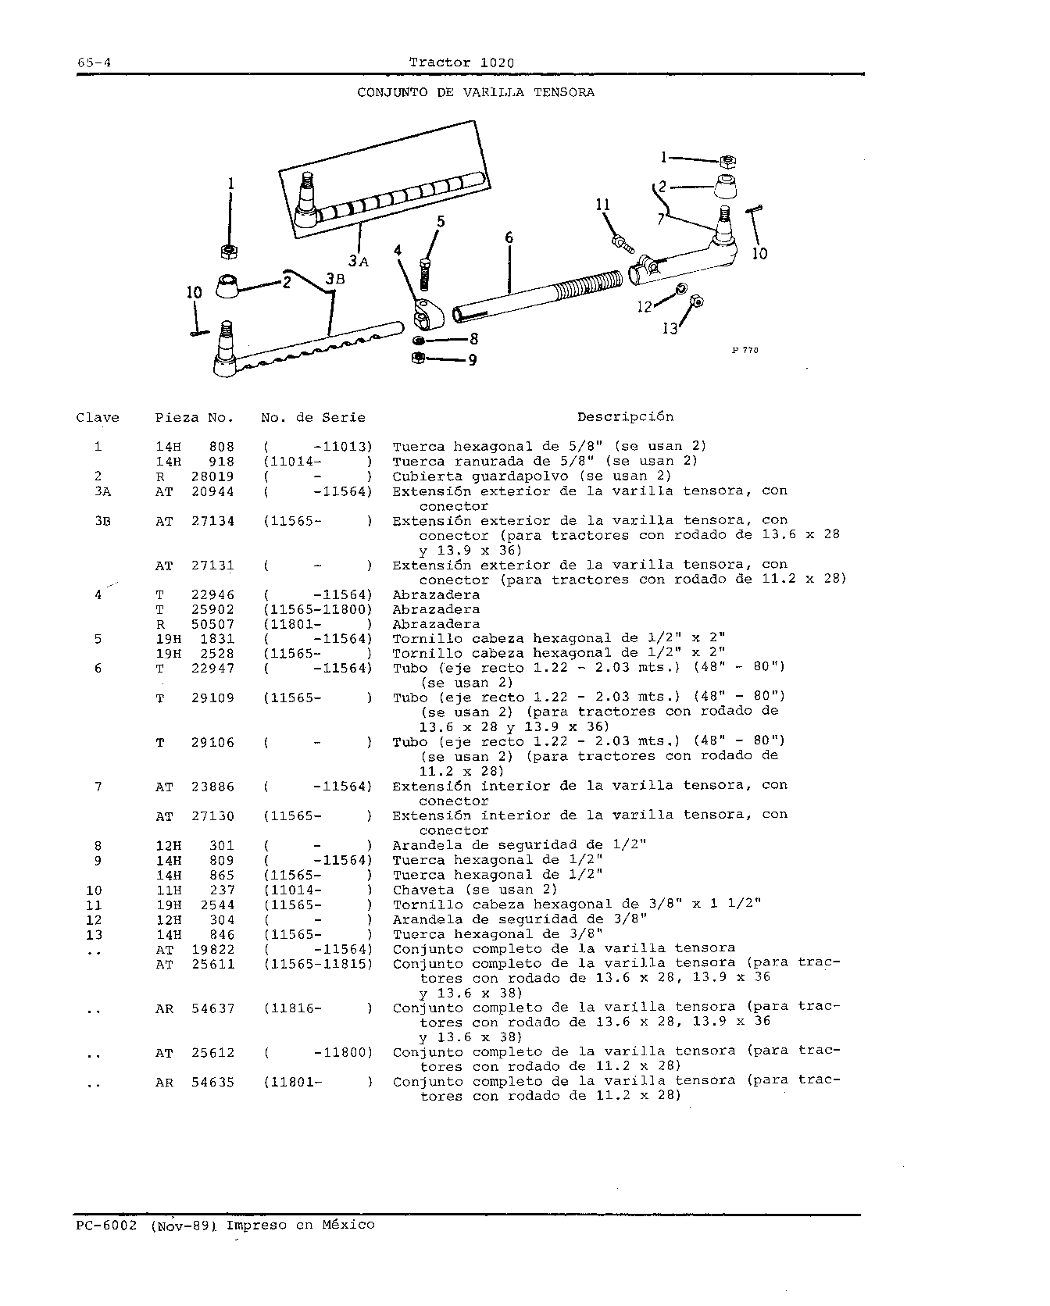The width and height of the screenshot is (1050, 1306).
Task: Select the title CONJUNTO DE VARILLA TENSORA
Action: click(476, 92)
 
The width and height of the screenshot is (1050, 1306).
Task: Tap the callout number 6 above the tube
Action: click(509, 237)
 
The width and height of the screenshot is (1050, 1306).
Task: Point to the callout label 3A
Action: click(358, 261)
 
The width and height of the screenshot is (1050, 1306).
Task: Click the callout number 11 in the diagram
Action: click(602, 205)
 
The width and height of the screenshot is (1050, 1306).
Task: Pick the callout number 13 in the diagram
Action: click(670, 329)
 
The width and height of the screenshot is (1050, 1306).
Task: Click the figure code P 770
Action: click(745, 351)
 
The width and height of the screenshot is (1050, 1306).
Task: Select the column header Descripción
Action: click(625, 417)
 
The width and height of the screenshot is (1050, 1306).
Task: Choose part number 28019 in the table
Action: click(212, 476)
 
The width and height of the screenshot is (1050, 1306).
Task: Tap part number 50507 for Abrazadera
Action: click(212, 625)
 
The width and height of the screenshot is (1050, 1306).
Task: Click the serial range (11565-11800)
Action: click(318, 610)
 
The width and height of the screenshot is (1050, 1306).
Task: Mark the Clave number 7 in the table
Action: click(98, 787)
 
